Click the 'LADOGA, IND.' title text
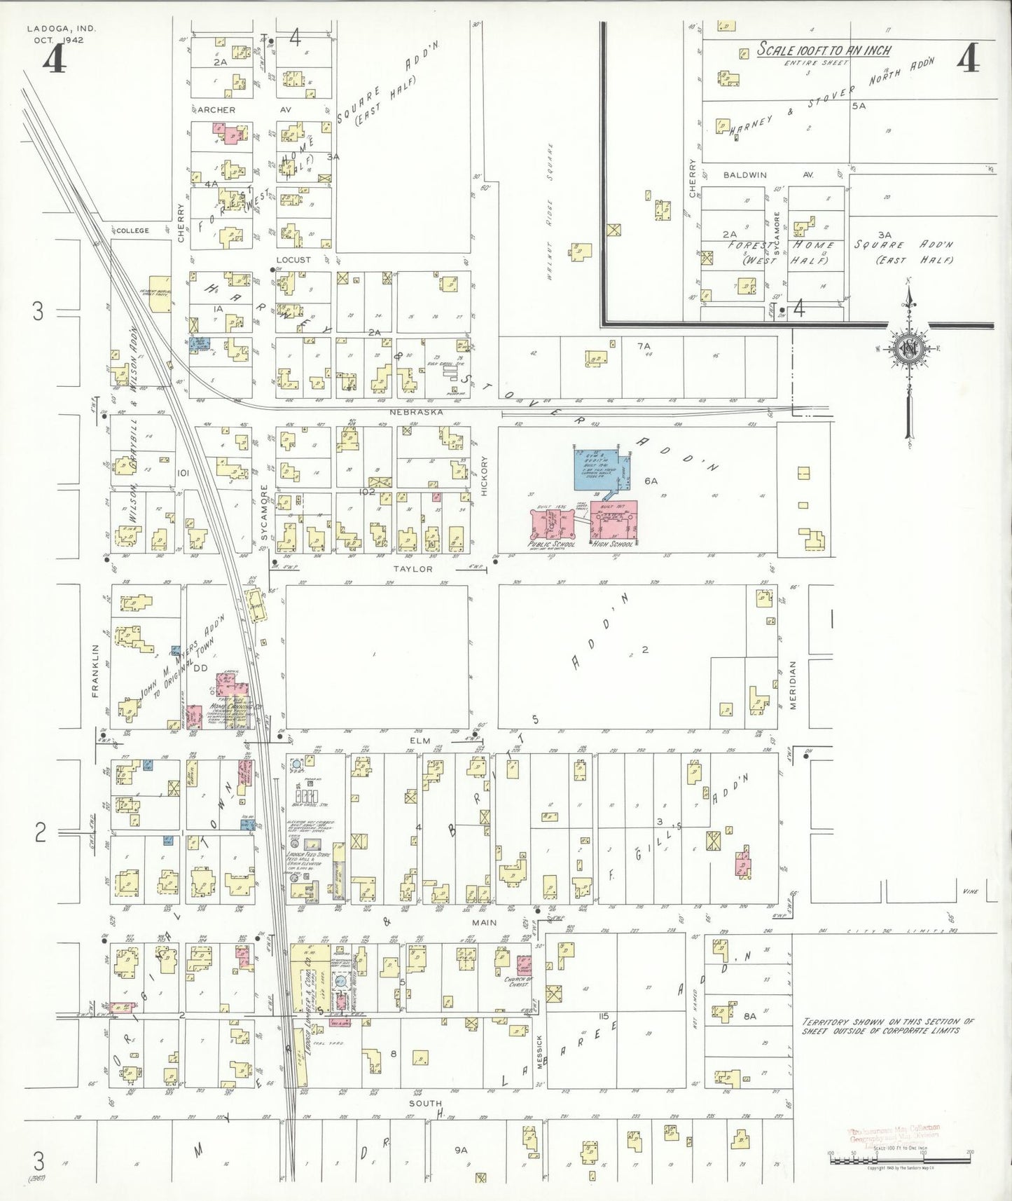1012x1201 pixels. click(62, 29)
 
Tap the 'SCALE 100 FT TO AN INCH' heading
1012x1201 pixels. click(824, 50)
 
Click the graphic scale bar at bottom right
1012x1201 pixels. click(899, 1160)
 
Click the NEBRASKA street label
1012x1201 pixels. click(416, 412)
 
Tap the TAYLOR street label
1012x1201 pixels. click(413, 569)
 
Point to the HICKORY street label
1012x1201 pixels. click(484, 476)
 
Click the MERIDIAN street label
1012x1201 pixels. click(793, 685)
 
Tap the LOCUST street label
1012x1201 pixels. click(293, 259)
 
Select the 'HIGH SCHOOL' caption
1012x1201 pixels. click(612, 544)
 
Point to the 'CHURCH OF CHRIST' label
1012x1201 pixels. click(518, 982)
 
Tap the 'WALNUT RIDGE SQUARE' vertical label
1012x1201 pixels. click(550, 211)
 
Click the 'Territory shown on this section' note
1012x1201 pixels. click(887, 1026)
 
